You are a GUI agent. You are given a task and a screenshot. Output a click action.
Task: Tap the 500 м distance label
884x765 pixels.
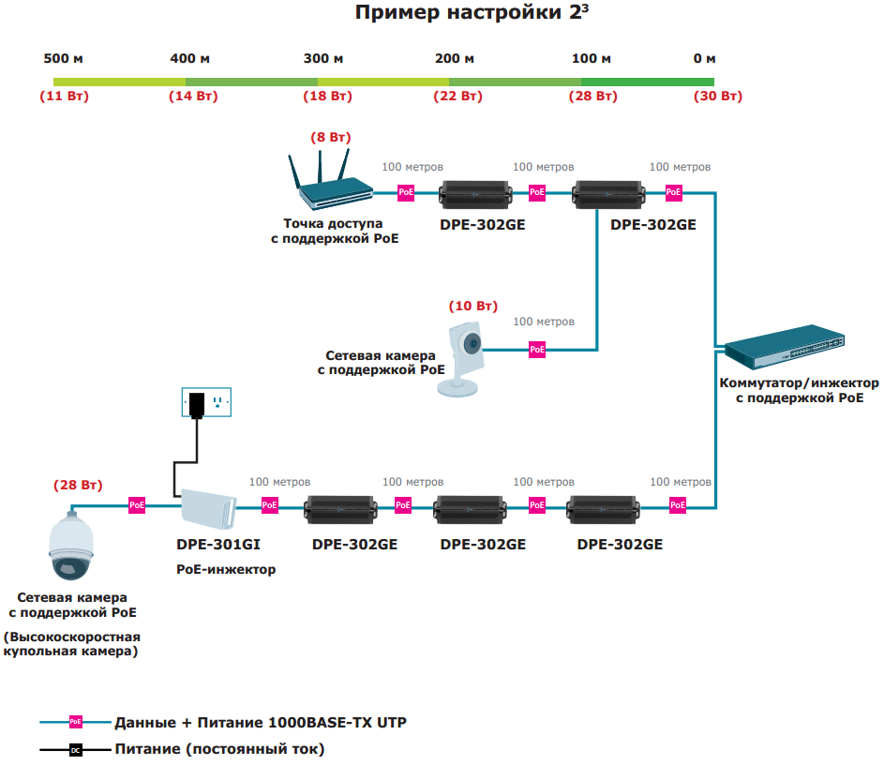[x=64, y=59]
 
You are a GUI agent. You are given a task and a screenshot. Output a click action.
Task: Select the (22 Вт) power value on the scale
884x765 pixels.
[x=457, y=97]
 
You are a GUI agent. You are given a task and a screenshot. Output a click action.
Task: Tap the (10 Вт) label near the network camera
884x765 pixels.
[x=473, y=307]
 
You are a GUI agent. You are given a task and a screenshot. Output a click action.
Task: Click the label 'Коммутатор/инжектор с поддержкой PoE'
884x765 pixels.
[x=799, y=390]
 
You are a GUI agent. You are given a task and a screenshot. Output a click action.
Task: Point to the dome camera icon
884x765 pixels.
[x=70, y=549]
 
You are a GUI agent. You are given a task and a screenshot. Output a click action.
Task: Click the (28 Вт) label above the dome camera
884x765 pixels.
[x=78, y=485]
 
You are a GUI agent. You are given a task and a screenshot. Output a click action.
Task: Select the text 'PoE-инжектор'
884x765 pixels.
[x=226, y=569]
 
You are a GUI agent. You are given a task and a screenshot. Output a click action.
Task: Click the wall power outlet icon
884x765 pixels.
[x=205, y=403]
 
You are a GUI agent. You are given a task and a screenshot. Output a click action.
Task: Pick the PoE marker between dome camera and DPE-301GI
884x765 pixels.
[x=137, y=505]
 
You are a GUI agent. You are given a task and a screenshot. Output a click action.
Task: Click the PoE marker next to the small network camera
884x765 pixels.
[x=537, y=349]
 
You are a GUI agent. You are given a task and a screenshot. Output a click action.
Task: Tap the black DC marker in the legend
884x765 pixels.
[x=76, y=750]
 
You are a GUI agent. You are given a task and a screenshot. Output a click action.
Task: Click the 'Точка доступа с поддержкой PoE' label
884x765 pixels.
[x=333, y=232]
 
